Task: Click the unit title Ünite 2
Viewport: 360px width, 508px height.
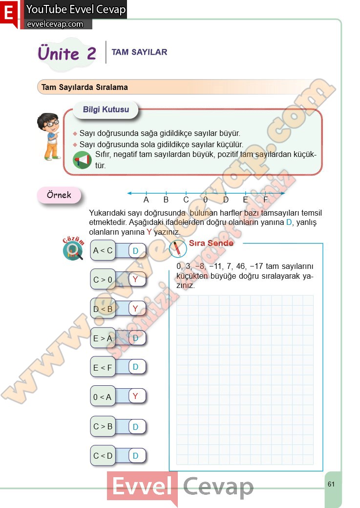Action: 67,53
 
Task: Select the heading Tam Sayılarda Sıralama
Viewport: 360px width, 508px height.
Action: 85,88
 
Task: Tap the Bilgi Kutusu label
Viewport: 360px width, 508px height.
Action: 106,110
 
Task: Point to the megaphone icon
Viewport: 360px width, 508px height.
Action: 82,160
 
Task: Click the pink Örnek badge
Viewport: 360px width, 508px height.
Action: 59,195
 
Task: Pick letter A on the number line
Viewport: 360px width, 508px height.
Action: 146,199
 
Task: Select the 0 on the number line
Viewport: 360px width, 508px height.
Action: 205,199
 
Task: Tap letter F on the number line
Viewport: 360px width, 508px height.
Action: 266,199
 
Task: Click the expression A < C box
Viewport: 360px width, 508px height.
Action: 103,251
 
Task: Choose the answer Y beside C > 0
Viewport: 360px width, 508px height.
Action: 136,279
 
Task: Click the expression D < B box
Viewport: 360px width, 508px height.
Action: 103,309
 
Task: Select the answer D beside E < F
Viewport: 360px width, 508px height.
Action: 136,367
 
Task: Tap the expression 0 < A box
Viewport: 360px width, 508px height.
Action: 103,397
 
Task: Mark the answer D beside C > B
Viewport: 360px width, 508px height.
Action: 136,427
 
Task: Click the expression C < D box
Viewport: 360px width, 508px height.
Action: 103,456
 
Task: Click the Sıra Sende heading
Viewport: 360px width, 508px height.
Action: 211,243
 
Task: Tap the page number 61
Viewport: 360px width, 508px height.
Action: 331,484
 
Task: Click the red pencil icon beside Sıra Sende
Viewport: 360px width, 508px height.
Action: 178,249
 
